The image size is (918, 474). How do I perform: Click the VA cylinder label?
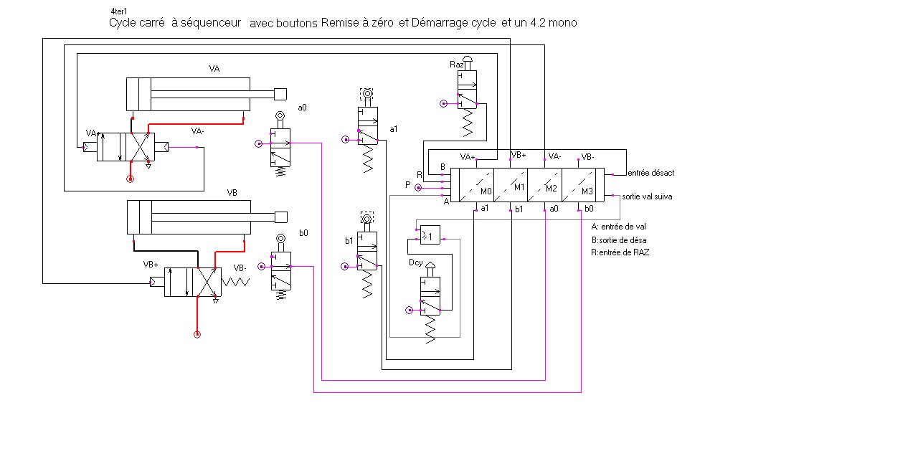(x=214, y=69)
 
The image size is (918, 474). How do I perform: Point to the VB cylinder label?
(x=232, y=193)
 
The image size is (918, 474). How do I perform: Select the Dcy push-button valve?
(x=431, y=294)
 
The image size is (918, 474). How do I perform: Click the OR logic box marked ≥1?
(x=430, y=234)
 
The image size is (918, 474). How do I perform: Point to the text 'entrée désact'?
(x=650, y=173)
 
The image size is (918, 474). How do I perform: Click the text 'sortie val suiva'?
(x=647, y=196)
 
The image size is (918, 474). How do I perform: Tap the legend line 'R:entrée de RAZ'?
(x=620, y=252)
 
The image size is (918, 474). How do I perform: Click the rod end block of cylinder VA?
(x=280, y=93)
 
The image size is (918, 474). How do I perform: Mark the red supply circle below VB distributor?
(x=197, y=334)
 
